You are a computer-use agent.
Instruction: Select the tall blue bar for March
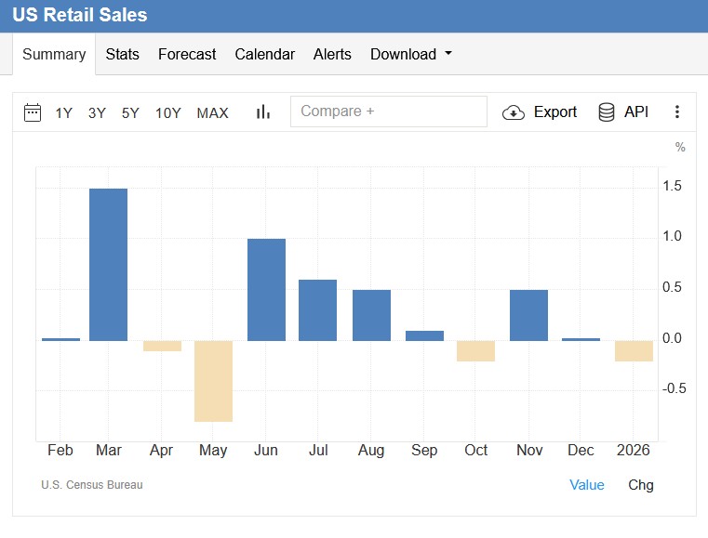[x=108, y=264]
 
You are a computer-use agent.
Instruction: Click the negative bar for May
[x=213, y=381]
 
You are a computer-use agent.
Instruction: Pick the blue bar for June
[x=266, y=289]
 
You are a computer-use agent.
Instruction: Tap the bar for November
[x=528, y=315]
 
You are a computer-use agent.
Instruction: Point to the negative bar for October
[x=475, y=350]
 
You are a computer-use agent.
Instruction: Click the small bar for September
[x=424, y=335]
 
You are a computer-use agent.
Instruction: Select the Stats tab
[x=122, y=54]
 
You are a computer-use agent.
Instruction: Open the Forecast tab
[x=187, y=54]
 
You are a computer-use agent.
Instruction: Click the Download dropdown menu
[x=410, y=54]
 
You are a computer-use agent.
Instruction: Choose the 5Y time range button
[x=130, y=112]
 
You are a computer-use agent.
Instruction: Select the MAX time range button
[x=212, y=112]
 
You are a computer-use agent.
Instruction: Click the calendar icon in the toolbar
[x=33, y=112]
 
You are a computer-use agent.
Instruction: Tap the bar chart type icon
[x=263, y=112]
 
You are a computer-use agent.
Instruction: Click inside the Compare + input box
[x=388, y=112]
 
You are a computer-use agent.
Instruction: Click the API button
[x=623, y=112]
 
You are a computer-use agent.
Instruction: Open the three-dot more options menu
[x=677, y=112]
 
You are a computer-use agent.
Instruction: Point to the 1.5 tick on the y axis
[x=672, y=187]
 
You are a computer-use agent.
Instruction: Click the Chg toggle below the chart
[x=641, y=485]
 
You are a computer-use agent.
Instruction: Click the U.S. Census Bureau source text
[x=92, y=485]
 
